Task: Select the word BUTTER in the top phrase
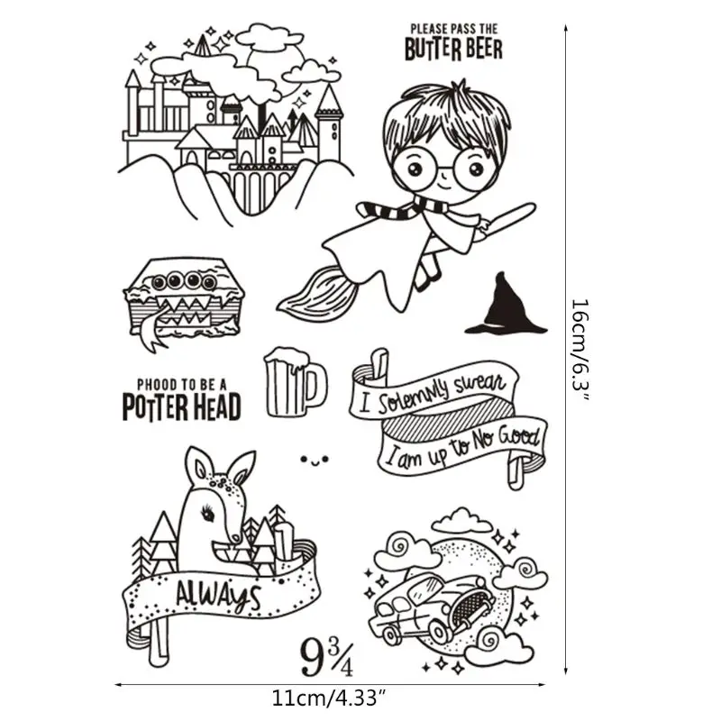433,49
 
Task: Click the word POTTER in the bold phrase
154,407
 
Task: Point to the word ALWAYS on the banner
217,594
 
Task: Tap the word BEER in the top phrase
484,49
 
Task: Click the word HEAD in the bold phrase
216,407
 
